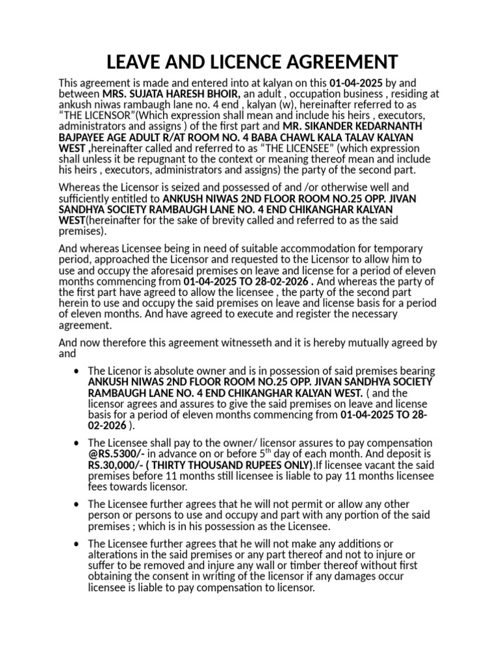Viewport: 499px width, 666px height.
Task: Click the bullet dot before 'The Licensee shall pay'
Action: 78,443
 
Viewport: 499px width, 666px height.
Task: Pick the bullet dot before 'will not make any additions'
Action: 78,544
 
